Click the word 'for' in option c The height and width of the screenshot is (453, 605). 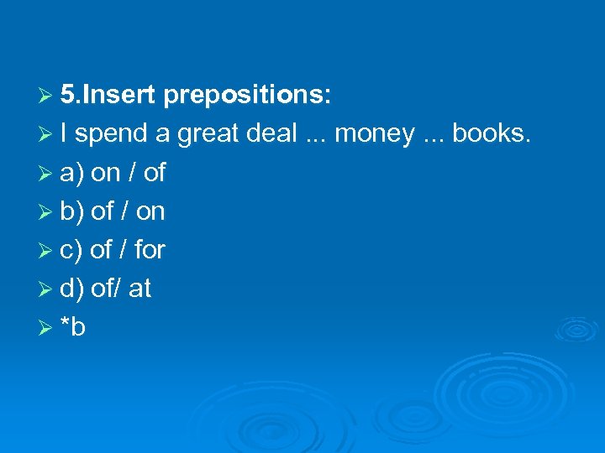(x=150, y=249)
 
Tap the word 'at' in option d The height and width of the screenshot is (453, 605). (x=139, y=289)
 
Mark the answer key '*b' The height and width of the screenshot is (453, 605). (x=73, y=326)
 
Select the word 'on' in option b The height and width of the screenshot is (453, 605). (x=150, y=212)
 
